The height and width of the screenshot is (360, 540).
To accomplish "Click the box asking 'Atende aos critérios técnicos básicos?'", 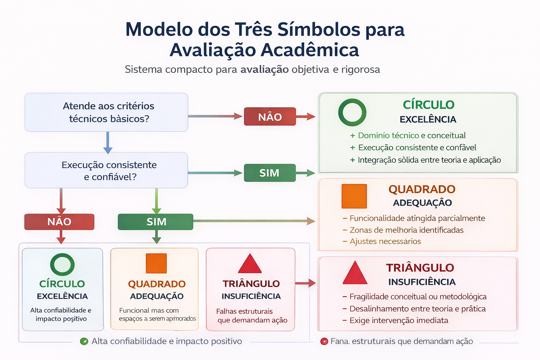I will click(106, 112).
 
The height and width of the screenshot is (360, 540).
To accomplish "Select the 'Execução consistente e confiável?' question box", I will click(106, 171).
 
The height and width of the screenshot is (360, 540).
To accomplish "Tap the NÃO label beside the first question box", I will click(270, 117).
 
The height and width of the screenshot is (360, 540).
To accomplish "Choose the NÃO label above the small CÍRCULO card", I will click(59, 222).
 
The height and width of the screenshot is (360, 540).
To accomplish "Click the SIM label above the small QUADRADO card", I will click(155, 222).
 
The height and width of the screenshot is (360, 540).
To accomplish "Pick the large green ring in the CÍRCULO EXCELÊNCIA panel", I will click(352, 112).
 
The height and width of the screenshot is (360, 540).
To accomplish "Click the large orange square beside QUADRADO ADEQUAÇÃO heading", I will click(354, 196).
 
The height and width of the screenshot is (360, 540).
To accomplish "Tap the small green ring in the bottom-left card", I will click(62, 264).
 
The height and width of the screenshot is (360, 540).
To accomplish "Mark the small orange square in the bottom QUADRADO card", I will click(156, 263).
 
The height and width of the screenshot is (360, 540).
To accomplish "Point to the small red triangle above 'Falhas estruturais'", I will click(250, 264).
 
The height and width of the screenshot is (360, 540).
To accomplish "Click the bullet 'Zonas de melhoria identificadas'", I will click(406, 230).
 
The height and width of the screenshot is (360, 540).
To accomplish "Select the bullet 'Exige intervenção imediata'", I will click(399, 320).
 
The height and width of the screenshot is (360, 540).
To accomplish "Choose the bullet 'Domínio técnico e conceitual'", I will click(411, 135).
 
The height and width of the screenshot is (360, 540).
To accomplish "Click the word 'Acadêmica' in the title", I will click(310, 50).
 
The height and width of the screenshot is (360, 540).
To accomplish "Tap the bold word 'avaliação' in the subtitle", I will click(264, 69).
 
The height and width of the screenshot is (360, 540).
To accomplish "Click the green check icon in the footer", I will click(84, 341).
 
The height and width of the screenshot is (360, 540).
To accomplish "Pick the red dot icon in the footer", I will click(324, 341).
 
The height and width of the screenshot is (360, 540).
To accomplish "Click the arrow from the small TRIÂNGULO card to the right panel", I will click(305, 283).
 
